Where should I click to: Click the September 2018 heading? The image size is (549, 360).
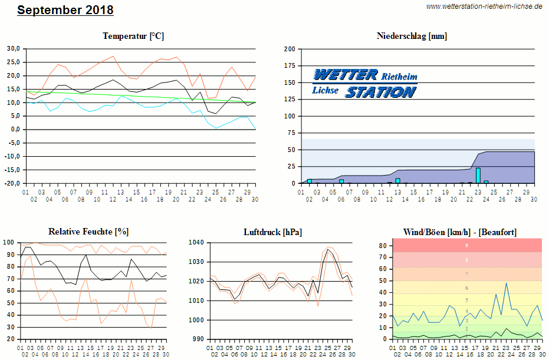(65, 10)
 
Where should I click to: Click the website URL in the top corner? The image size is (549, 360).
(484, 6)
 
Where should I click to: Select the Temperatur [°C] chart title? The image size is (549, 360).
(133, 36)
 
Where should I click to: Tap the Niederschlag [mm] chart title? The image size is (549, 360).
(412, 36)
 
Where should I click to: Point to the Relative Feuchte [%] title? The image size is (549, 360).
(88, 232)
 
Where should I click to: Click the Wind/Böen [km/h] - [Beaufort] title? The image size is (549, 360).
(460, 232)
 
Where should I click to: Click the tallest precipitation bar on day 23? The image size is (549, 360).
(478, 176)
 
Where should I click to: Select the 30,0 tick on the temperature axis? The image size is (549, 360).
(14, 48)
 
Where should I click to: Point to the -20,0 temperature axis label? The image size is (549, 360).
(12, 183)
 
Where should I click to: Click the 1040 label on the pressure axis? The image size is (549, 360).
(197, 242)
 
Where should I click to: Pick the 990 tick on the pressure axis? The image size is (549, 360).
(199, 339)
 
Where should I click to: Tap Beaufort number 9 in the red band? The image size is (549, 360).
(466, 245)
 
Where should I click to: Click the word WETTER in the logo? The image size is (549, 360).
(346, 75)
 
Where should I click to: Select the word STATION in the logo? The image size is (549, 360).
(381, 92)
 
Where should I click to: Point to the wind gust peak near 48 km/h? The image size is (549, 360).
(506, 283)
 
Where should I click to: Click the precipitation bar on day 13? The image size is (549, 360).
(397, 180)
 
